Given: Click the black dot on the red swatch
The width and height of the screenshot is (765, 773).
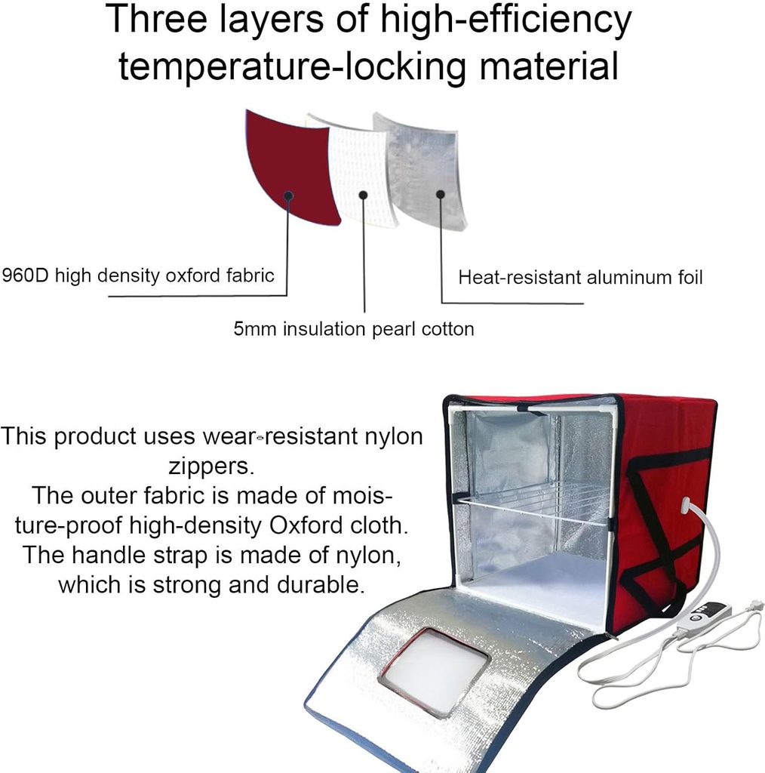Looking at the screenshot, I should (288, 195).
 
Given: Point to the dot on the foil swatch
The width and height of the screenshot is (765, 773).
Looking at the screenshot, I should (440, 193).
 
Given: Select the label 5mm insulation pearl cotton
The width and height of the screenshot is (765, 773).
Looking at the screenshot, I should (354, 329).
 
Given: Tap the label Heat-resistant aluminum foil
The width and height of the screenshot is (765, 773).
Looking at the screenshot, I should (580, 278).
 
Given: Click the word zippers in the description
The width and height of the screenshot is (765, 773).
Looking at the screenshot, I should (211, 467).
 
